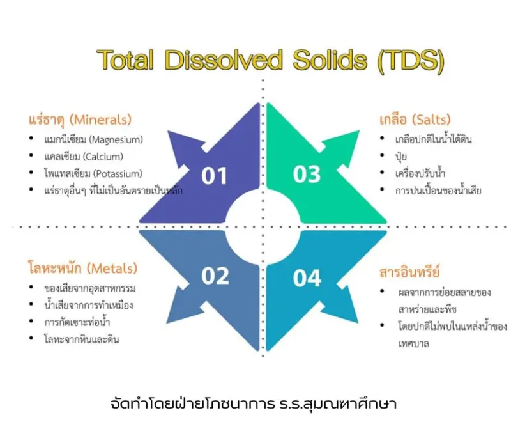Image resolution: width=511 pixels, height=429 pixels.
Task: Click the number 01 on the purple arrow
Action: pos(214,176)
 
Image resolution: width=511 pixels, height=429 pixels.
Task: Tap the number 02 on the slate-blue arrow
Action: pos(215,276)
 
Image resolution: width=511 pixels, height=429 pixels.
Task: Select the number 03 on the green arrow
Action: pos(307,174)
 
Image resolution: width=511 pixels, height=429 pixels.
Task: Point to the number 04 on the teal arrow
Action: pos(307,278)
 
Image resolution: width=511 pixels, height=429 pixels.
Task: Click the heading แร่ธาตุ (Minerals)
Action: pos(80,120)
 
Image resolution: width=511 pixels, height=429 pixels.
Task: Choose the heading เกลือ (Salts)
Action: pos(415,120)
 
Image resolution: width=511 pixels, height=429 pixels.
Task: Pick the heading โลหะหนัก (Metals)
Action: pos(83,268)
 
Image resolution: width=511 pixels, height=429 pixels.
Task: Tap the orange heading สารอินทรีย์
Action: pos(409,272)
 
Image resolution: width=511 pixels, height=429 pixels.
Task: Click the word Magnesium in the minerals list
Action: pos(116,140)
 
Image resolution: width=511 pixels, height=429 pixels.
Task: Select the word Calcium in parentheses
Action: pos(103,157)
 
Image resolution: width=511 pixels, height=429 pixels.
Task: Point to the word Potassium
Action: pos(118,173)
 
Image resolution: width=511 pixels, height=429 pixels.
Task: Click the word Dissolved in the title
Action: pos(224,59)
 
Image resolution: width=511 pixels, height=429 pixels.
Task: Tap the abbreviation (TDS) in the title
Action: pos(411,61)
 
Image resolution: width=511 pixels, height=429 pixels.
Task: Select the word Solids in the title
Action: pos(330,59)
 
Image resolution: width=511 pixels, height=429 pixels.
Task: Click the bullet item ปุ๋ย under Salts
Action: pos(401,157)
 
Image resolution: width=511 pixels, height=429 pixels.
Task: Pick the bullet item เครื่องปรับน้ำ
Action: pos(420,173)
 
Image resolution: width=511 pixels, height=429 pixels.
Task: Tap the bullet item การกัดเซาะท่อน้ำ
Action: pos(77,322)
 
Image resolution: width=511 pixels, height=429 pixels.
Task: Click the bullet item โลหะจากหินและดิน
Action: pos(82,339)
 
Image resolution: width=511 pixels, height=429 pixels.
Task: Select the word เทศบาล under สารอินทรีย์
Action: pos(413,343)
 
